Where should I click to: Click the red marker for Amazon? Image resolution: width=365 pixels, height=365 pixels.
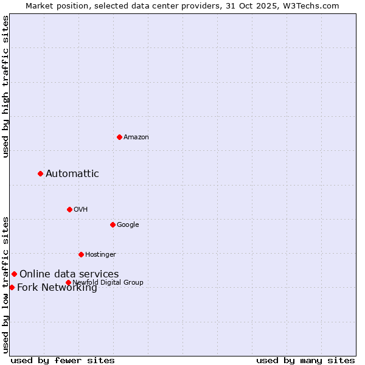(119, 137)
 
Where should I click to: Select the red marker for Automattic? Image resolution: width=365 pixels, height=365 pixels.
(40, 173)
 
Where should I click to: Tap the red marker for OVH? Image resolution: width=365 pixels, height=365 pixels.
(69, 209)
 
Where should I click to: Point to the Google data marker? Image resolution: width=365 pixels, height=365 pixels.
(113, 224)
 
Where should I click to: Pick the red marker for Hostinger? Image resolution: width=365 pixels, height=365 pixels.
(81, 254)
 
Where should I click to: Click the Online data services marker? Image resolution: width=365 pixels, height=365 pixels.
(14, 274)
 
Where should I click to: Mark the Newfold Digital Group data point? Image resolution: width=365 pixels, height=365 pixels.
(68, 282)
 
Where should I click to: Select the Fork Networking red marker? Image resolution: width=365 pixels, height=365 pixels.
(12, 287)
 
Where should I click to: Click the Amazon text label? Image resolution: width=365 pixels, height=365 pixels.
(136, 137)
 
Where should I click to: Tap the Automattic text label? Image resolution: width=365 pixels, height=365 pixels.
(72, 174)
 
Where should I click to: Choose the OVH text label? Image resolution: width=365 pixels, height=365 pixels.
(81, 210)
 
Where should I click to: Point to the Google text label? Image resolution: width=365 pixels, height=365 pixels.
(128, 225)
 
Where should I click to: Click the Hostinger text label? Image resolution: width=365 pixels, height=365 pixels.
(100, 255)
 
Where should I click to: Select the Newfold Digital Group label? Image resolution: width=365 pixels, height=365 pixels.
(108, 282)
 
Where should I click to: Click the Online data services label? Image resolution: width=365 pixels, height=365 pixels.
(69, 274)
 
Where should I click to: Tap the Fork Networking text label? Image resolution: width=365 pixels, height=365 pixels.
(57, 288)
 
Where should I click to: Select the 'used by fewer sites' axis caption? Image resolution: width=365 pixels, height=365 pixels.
(63, 360)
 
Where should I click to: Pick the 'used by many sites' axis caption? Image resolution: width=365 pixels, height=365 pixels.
(305, 360)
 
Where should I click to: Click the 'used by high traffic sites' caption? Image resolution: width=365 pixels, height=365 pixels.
(6, 86)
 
